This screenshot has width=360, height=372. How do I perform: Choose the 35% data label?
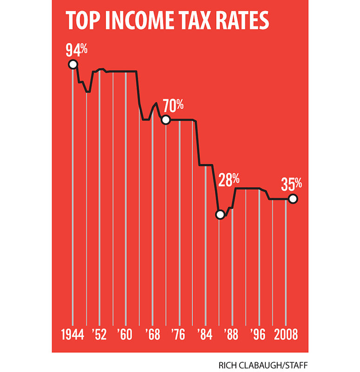pos(292,185)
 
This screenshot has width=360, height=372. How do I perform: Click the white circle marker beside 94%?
pos(72,65)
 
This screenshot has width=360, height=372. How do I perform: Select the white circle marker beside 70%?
pos(166,120)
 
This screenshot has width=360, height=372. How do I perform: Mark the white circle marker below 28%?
pos(220,215)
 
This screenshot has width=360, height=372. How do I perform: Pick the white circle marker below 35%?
pos(292,199)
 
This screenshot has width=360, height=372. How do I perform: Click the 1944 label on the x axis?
pos(72,336)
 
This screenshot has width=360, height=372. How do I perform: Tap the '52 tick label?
pos(99,336)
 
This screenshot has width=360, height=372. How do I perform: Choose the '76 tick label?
pos(179,336)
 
